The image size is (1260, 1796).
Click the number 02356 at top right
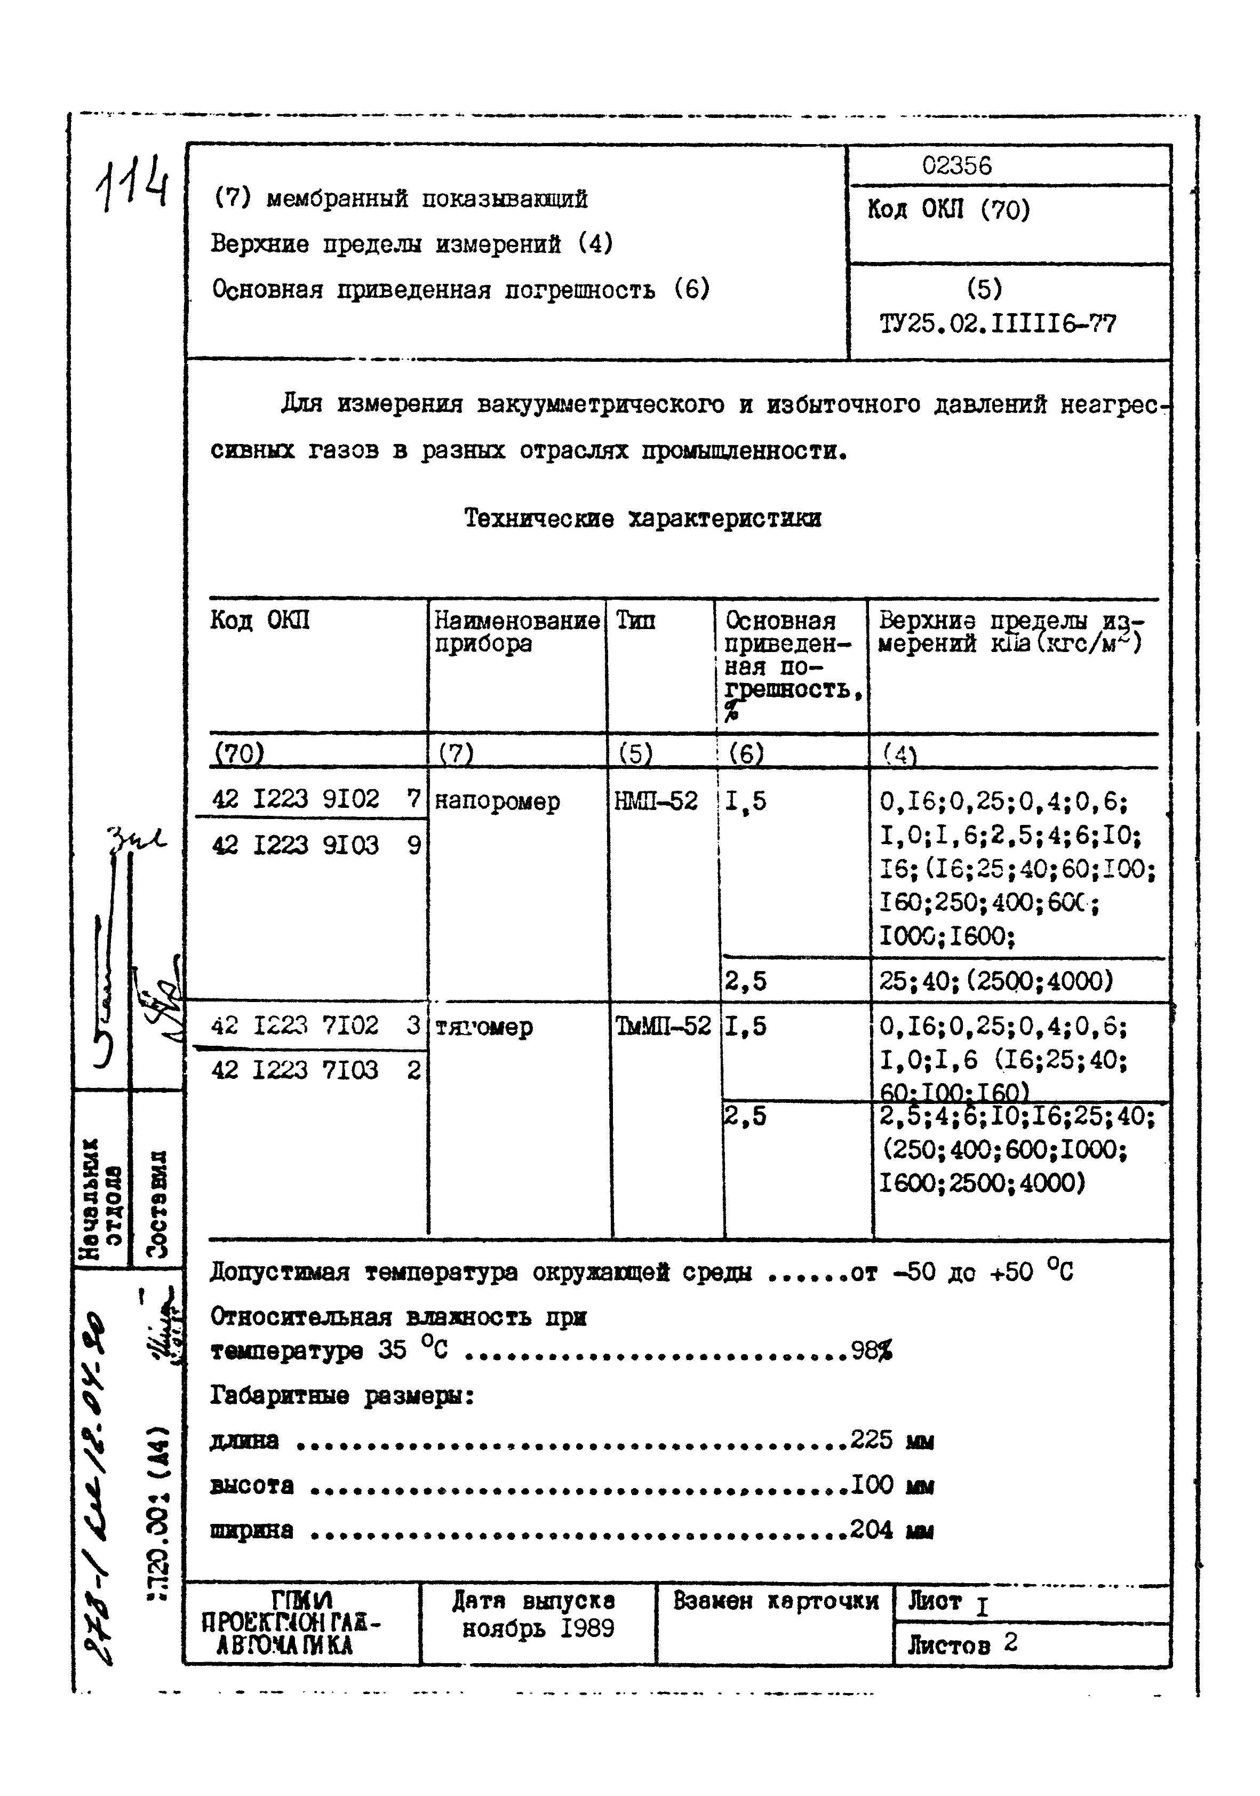point(956,166)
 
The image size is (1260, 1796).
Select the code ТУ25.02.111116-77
point(997,323)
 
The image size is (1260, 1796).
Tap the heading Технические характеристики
point(642,518)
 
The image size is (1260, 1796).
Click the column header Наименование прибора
point(516,632)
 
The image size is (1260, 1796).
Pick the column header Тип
point(635,621)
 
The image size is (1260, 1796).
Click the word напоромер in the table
point(497,802)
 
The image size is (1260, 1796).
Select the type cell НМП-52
point(656,801)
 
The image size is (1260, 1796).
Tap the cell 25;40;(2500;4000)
point(995,981)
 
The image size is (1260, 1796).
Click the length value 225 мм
point(891,1440)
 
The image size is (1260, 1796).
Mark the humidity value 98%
point(871,1351)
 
